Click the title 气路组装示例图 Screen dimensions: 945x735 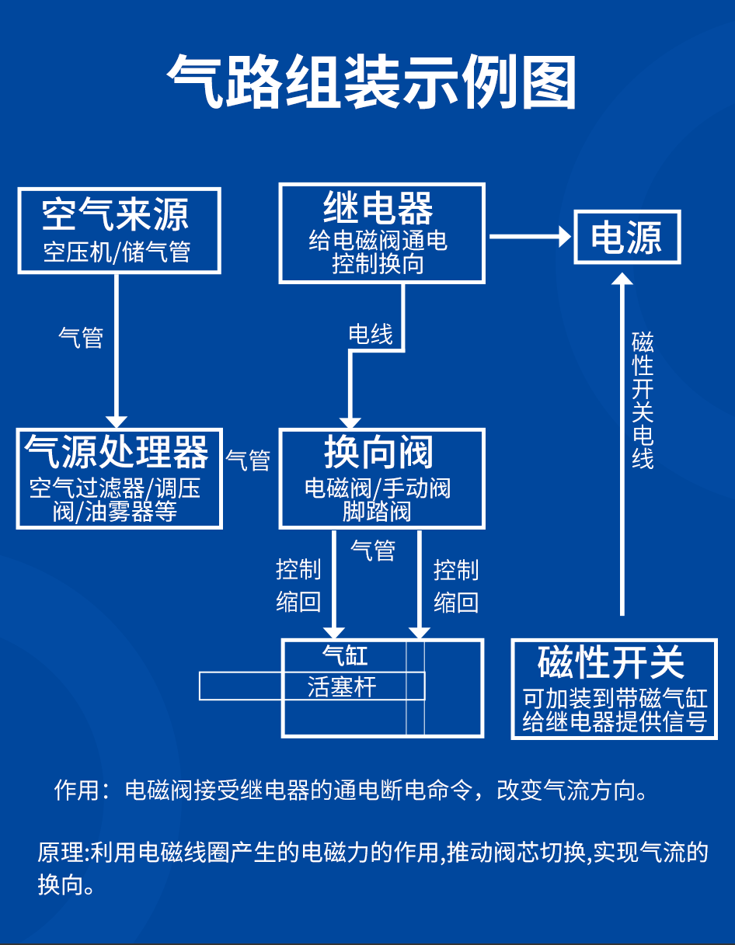pyautogui.click(x=371, y=82)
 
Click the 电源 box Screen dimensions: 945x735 pyautogui.click(x=626, y=237)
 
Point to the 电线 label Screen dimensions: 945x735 pyautogui.click(x=371, y=335)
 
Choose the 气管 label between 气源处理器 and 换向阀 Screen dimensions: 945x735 pyautogui.click(x=248, y=460)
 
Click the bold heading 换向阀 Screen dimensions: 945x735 pyautogui.click(x=378, y=452)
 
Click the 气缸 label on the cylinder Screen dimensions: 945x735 pyautogui.click(x=345, y=656)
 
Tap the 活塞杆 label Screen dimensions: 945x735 pyautogui.click(x=342, y=686)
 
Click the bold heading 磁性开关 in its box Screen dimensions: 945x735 pyautogui.click(x=611, y=662)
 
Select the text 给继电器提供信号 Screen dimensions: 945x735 pyautogui.click(x=614, y=722)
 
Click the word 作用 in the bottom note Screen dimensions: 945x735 pyautogui.click(x=77, y=790)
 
